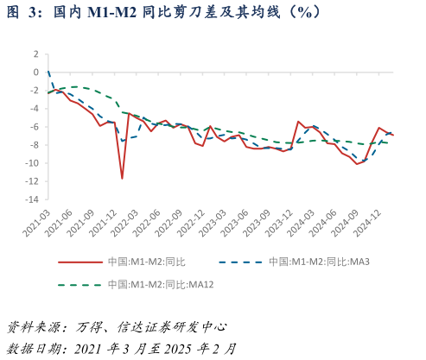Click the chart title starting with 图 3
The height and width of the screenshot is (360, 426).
point(164,12)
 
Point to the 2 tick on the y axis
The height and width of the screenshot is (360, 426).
point(35,54)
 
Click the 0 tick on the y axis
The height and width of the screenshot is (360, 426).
point(35,72)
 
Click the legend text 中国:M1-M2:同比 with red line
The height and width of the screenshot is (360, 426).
point(146,262)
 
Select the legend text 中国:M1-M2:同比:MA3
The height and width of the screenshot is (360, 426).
point(319,262)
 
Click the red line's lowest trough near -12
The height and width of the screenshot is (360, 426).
point(122,179)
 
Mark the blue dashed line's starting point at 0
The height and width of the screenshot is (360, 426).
point(48,72)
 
